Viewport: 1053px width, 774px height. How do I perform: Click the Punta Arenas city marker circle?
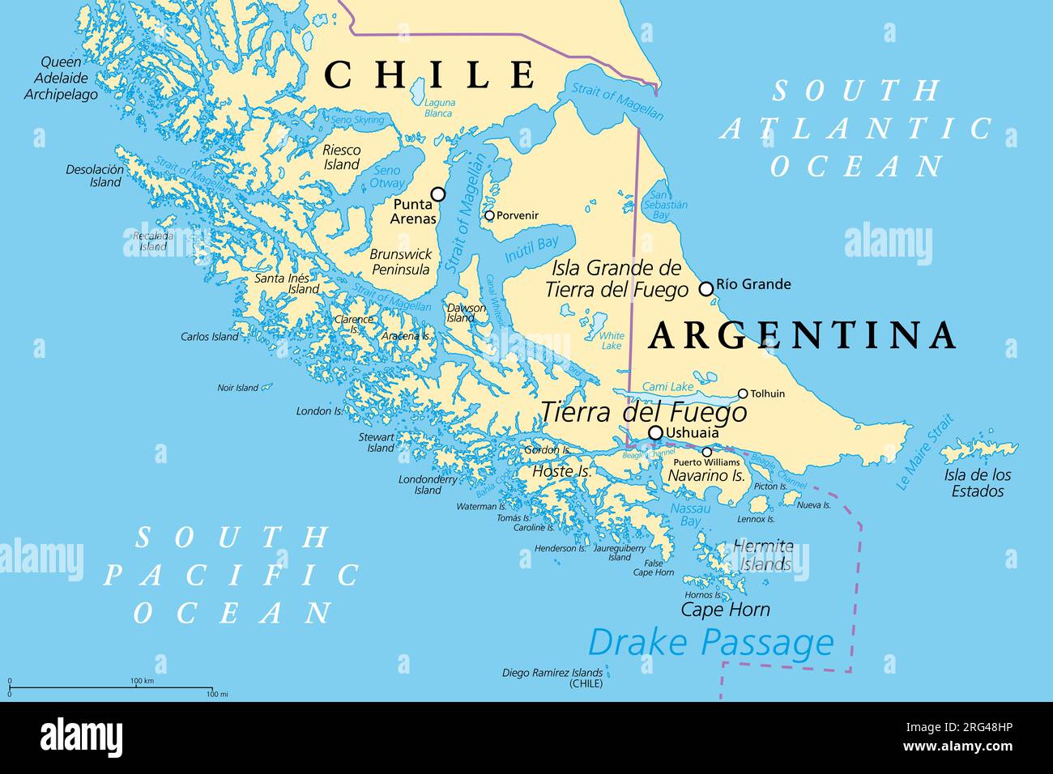point(438,194)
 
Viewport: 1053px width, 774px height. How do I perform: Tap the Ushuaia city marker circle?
point(655,432)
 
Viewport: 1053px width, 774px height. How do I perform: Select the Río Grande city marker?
point(706,288)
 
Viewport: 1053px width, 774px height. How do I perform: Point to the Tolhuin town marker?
point(743,394)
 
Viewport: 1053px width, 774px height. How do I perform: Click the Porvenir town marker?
point(489,215)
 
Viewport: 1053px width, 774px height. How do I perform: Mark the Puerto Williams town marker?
point(706,453)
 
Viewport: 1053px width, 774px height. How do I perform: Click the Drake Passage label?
point(710,643)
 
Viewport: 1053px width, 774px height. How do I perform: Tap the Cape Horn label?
point(725,610)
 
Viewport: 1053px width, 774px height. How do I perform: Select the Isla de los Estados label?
point(978,483)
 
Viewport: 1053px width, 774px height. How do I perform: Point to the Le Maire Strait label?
point(925,453)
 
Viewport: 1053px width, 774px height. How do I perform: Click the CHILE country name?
point(430,74)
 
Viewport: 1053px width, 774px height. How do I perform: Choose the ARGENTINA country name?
point(803,335)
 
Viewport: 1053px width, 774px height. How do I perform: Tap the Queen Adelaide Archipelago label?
point(61,79)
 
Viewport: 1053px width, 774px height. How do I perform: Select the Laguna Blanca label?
point(440,108)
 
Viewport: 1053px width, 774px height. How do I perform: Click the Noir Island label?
point(237,388)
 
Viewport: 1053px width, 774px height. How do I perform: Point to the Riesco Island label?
point(341,157)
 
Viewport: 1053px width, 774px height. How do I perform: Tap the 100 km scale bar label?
point(142,681)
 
